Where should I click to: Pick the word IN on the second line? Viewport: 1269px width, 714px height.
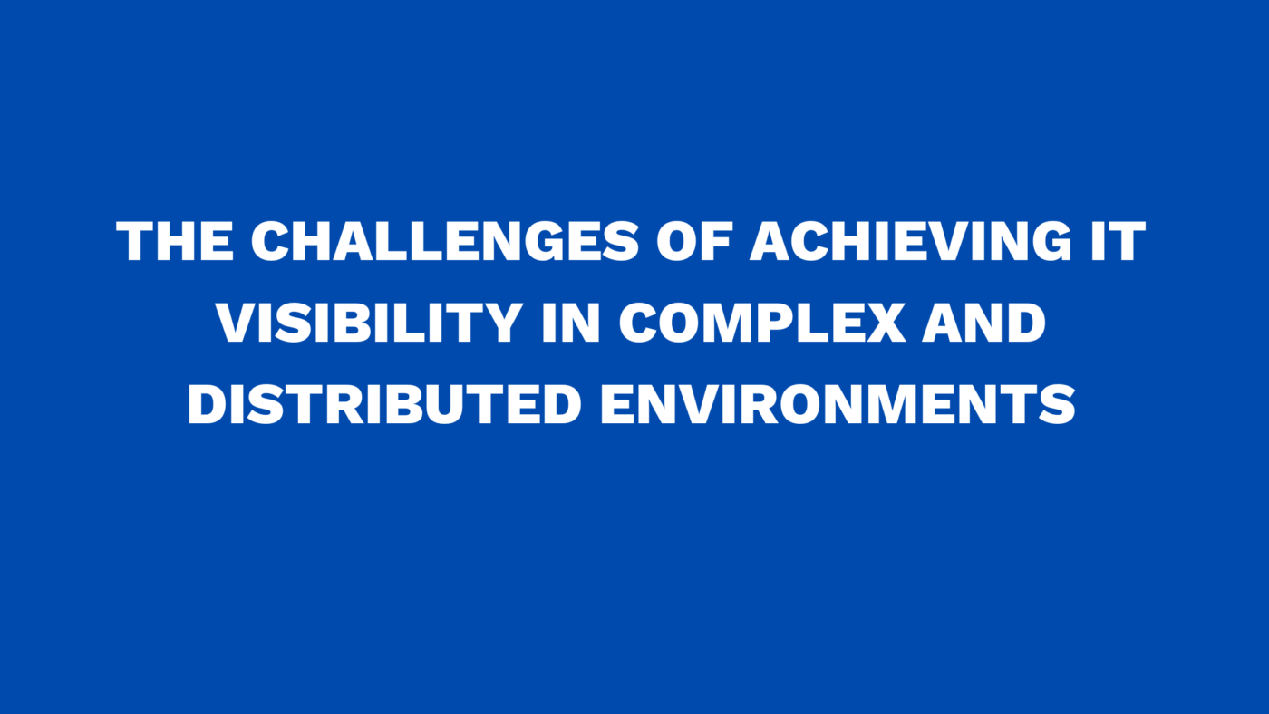pos(572,323)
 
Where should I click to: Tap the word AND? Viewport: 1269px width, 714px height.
pos(984,323)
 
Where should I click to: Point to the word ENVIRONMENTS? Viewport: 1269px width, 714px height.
pos(838,403)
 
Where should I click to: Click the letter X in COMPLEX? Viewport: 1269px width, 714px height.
pos(885,323)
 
